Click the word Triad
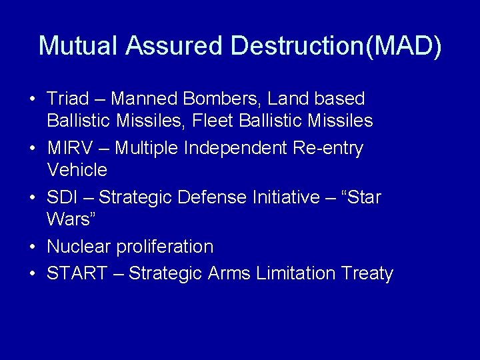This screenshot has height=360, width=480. (67, 99)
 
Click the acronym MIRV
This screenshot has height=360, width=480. (71, 148)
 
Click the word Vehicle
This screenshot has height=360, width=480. (77, 170)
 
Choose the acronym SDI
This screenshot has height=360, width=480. (61, 197)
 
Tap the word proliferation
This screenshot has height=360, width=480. (165, 247)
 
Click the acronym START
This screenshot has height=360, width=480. (77, 273)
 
